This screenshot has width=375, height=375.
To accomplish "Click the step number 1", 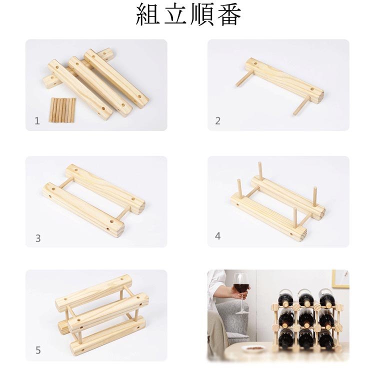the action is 37,121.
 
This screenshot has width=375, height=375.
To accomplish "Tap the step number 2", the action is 217,121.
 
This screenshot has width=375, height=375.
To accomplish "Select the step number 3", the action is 38,238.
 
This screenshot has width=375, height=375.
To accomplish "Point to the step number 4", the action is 217,236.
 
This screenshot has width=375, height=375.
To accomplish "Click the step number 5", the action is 38,350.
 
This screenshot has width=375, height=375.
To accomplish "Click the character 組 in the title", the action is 148,14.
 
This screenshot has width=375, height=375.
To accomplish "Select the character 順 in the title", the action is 202,14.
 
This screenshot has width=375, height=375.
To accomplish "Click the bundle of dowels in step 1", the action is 62,110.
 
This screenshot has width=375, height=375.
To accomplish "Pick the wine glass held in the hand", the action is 241,293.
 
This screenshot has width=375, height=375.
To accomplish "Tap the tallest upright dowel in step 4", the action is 260,170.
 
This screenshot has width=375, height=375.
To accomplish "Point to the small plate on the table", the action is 251,348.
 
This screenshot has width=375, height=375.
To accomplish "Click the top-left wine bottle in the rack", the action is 286,298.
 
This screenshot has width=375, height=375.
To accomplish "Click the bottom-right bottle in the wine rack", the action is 326,339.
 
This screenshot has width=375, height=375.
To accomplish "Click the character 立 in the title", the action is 175,14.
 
